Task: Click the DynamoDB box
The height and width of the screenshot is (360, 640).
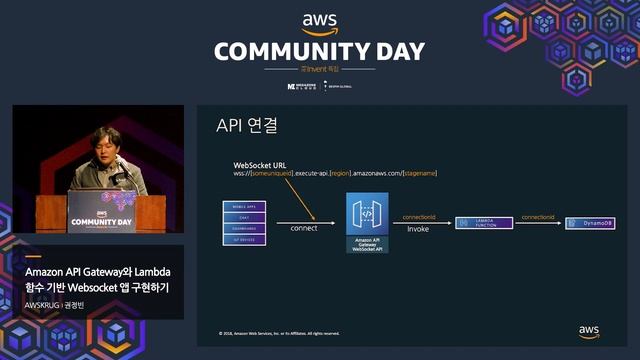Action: (590, 223)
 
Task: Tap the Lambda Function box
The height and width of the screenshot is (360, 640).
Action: (483, 224)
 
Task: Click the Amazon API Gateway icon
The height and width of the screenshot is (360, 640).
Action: (367, 214)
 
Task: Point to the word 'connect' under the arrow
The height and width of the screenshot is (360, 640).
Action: (303, 228)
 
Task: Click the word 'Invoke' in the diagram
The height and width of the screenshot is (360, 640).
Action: (417, 228)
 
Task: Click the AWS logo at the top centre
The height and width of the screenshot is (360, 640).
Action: (319, 23)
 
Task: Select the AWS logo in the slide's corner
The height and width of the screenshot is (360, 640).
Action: (588, 331)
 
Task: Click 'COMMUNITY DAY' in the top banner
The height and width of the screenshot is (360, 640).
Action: (319, 52)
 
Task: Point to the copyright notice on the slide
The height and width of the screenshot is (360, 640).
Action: (279, 333)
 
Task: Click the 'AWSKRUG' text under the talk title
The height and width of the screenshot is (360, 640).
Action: (42, 304)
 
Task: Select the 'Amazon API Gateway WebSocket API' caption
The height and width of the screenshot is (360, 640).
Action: (367, 245)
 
